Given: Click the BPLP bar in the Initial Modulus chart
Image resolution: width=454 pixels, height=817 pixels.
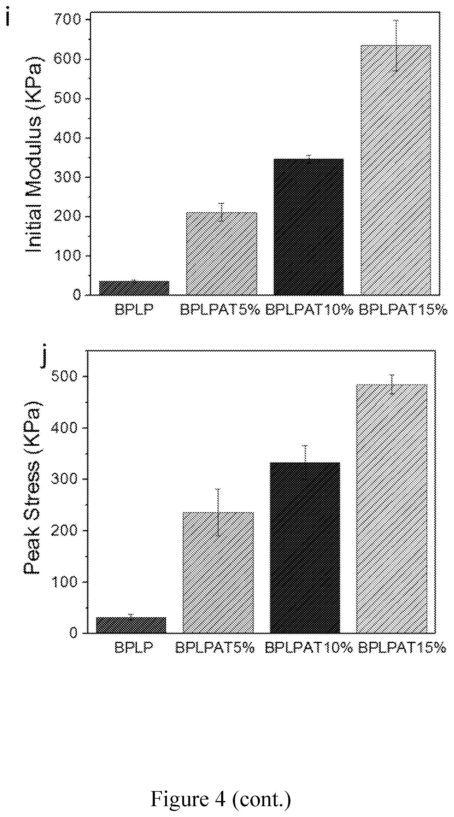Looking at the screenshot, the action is pos(134,288).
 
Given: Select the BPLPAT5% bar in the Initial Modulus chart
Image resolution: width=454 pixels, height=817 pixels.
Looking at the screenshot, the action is pos(221,253).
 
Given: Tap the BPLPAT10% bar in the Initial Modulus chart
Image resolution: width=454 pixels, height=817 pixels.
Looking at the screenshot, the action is pos(308,227).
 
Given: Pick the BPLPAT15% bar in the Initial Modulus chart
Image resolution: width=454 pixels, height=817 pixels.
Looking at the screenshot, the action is pos(396,170).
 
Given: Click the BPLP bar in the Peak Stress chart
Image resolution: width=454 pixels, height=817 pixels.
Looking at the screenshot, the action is pos(131,625).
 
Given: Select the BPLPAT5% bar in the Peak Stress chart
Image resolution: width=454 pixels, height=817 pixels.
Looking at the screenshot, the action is pos(218,572).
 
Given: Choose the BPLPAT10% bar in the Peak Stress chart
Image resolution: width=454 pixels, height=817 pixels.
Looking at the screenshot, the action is pos(305,548).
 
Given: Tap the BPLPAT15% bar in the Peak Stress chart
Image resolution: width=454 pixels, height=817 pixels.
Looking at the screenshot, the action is pos(392,509).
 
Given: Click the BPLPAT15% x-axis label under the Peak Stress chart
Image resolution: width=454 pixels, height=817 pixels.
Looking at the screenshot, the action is pos(402,647).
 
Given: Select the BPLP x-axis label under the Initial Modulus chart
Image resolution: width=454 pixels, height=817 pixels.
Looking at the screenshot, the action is pos(134,310).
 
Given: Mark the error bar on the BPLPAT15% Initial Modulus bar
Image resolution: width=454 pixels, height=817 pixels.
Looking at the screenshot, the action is pos(396,46).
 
